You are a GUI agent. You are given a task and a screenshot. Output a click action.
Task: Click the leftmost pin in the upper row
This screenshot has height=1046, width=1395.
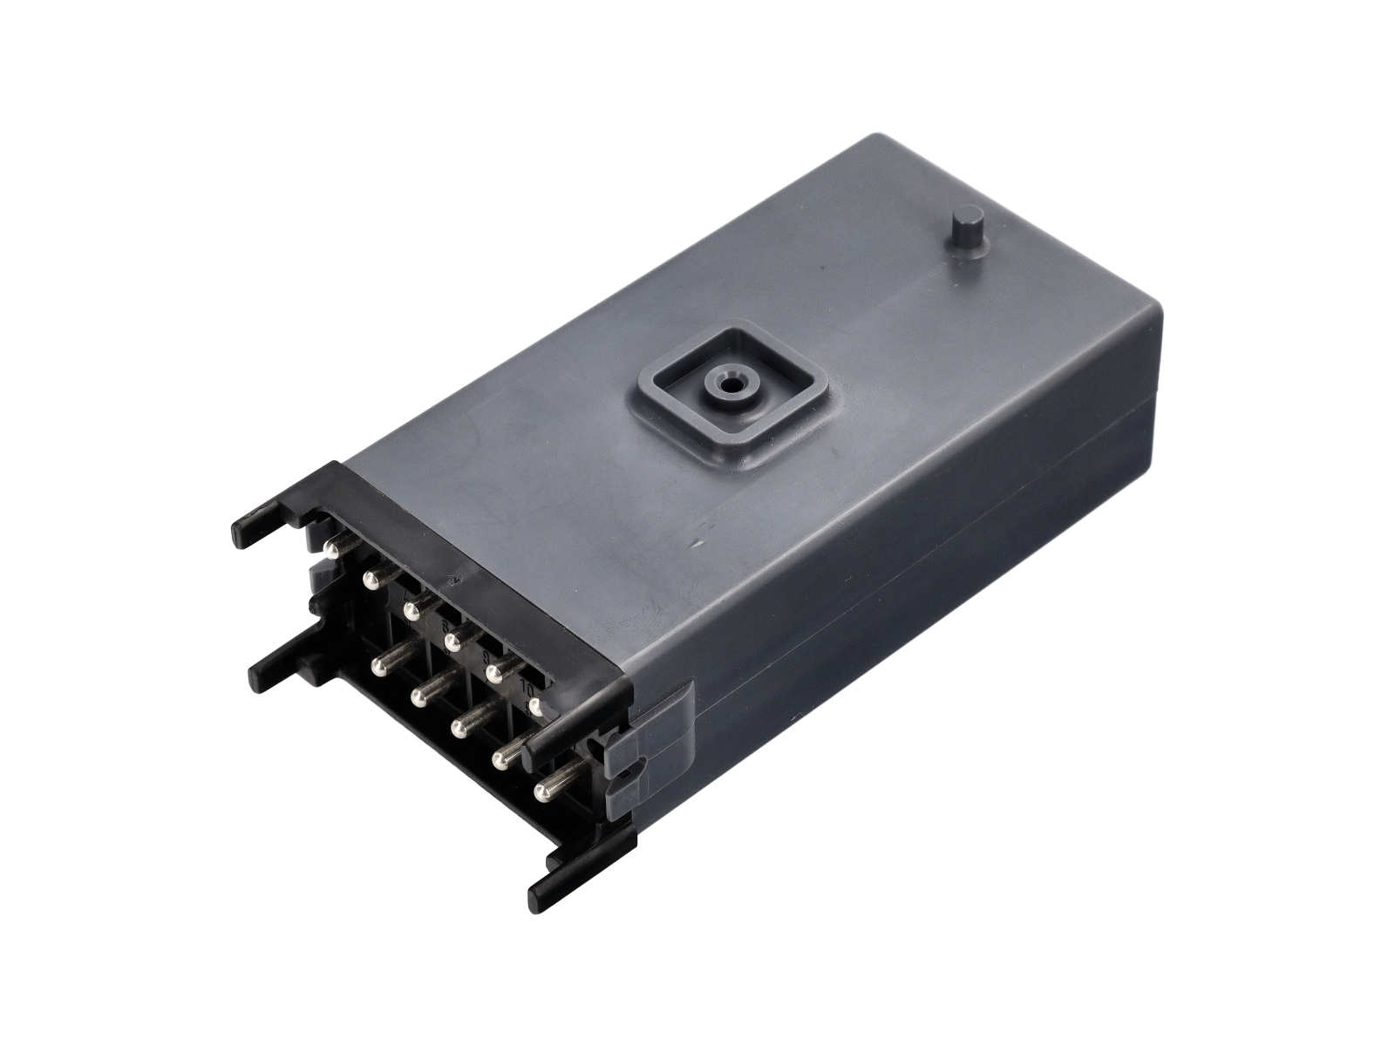tap(331, 548)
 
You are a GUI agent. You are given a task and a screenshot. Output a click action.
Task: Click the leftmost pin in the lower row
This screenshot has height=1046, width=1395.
tap(379, 666)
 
